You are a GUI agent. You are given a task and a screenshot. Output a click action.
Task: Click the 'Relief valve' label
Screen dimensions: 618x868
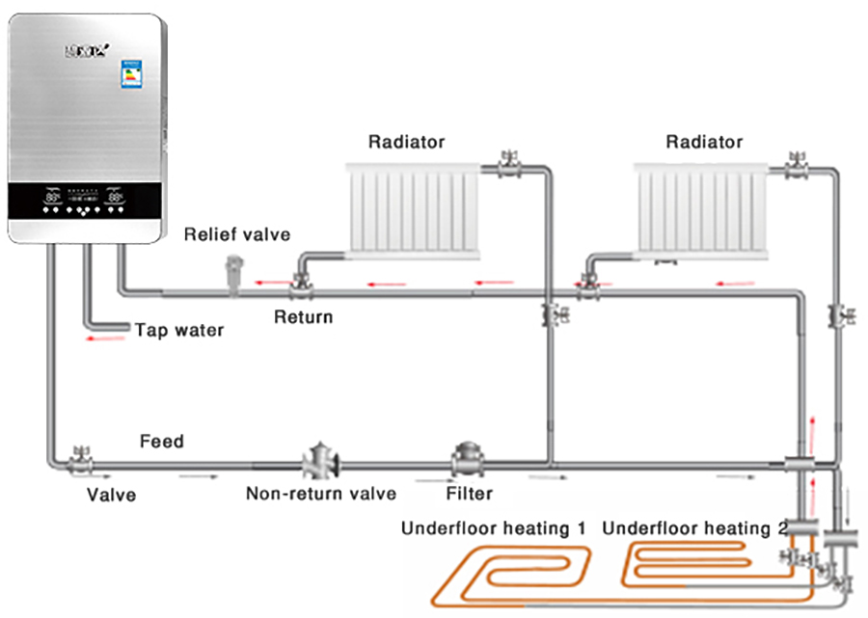pyautogui.click(x=236, y=234)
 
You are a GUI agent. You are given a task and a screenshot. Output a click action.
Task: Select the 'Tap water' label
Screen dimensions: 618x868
pyautogui.click(x=178, y=331)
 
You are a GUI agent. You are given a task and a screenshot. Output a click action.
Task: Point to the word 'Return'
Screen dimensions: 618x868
pyautogui.click(x=303, y=317)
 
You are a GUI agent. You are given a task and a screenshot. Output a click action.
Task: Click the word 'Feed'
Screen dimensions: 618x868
pyautogui.click(x=161, y=443)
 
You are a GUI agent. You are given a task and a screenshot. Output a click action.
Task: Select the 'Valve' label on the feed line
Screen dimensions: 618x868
pyautogui.click(x=111, y=496)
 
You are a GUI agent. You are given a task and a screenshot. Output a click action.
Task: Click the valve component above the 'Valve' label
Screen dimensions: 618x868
pyautogui.click(x=80, y=457)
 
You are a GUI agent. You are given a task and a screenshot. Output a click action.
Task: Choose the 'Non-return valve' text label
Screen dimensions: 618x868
pyautogui.click(x=320, y=495)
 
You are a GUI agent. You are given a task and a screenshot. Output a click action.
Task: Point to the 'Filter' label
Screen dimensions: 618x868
pyautogui.click(x=469, y=495)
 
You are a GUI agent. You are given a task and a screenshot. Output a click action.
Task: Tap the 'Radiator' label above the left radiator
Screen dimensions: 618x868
pyautogui.click(x=406, y=143)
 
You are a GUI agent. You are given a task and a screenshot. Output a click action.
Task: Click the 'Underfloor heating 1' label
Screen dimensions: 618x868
pyautogui.click(x=493, y=529)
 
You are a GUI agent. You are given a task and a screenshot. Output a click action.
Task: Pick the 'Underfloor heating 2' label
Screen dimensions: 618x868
pyautogui.click(x=694, y=529)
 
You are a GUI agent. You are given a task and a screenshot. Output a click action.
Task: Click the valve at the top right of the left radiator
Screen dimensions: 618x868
pyautogui.click(x=508, y=167)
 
